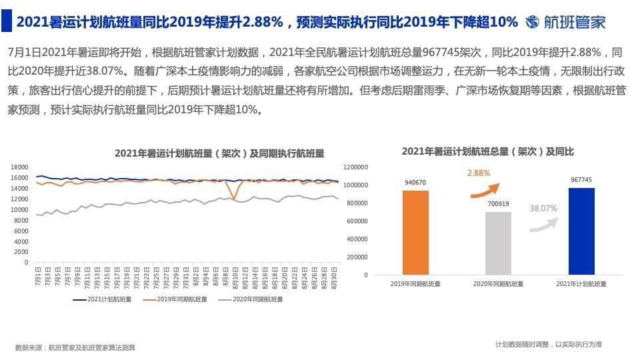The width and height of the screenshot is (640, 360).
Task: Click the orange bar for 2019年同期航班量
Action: coord(415,233)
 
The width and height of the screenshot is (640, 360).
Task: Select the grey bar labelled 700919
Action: coord(498,243)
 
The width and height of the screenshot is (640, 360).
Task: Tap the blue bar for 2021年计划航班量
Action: coord(581,231)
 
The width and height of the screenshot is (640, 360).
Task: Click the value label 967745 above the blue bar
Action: coord(581,180)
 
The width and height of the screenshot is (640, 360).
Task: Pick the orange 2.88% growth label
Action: coord(479,173)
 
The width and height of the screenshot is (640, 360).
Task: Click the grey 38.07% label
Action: coord(543,208)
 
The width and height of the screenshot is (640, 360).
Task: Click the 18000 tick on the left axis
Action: coord(19,167)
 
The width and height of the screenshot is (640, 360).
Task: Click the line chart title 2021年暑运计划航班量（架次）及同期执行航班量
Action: coord(219,153)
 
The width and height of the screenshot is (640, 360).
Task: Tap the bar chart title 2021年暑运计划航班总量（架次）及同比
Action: coord(487,152)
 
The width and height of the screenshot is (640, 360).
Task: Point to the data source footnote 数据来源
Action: coord(75,347)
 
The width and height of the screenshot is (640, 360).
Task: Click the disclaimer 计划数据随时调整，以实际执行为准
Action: coord(548,344)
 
